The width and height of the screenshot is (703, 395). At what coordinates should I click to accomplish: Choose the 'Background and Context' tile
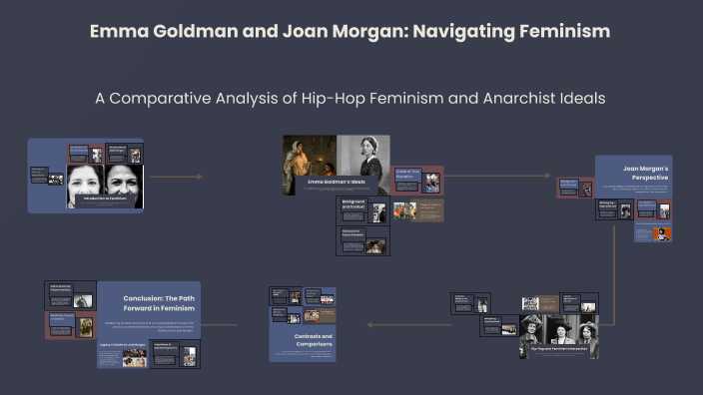click(362, 210)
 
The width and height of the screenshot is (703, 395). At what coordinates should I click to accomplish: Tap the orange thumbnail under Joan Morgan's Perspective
click(660, 233)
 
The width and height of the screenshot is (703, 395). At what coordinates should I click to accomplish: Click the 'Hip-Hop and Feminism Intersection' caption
click(558, 349)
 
